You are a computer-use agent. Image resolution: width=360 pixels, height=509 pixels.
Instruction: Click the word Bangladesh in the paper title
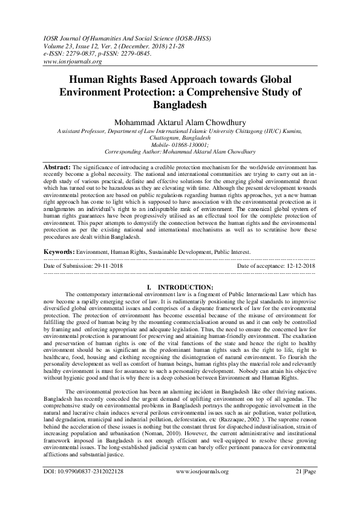coord(180,104)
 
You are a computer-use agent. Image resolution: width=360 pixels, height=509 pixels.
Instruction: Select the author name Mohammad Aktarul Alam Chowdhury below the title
coord(180,122)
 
